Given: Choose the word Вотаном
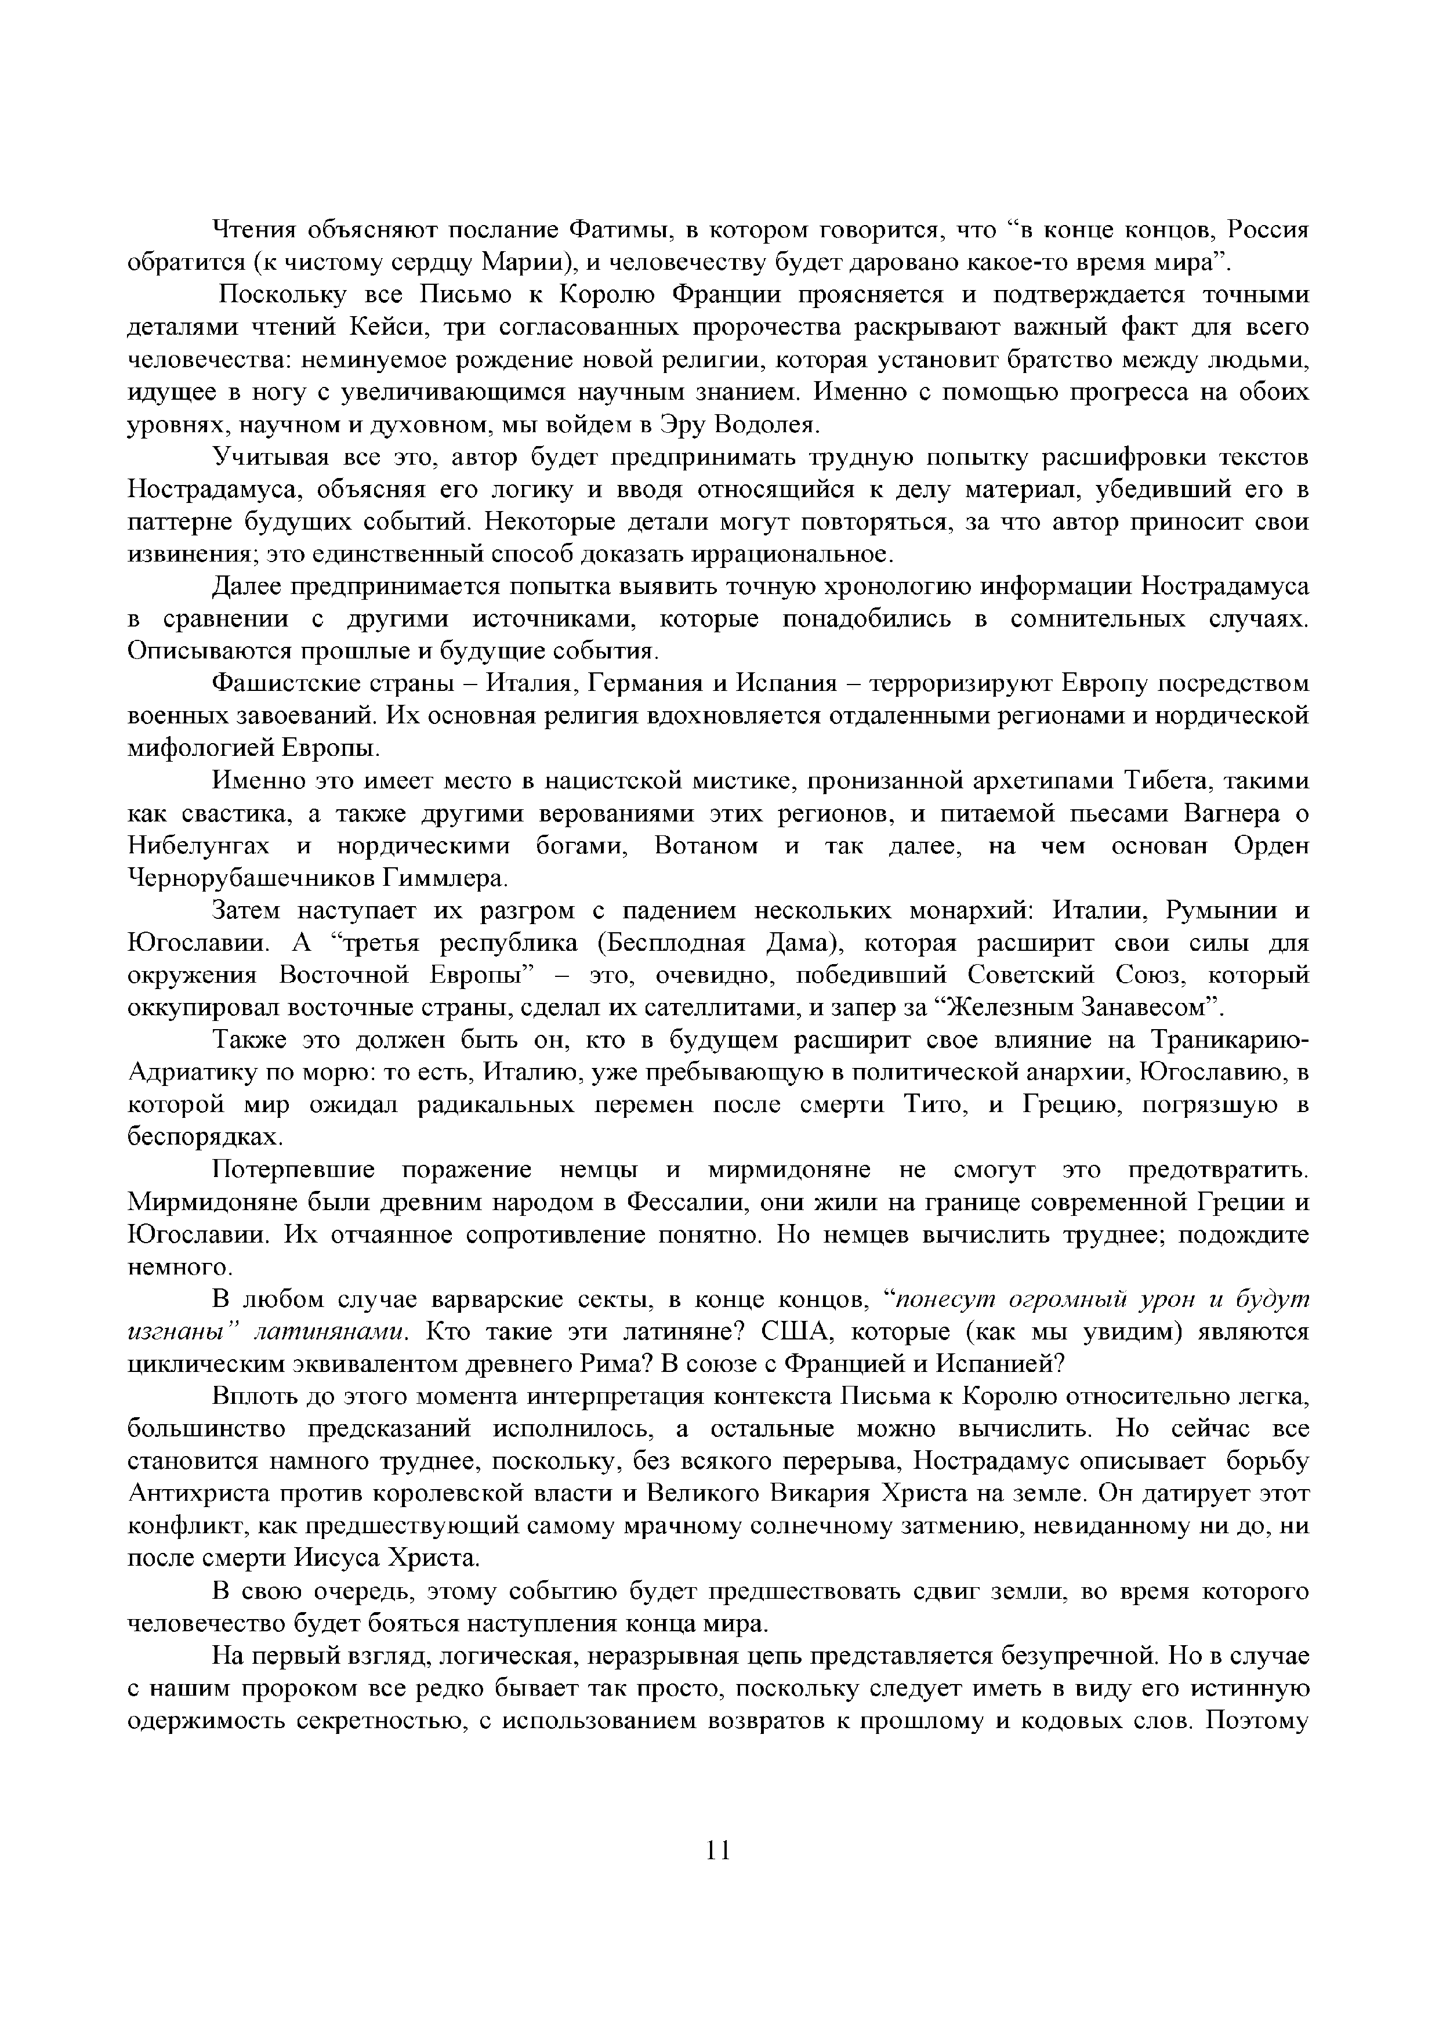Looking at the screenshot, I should [706, 846].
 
